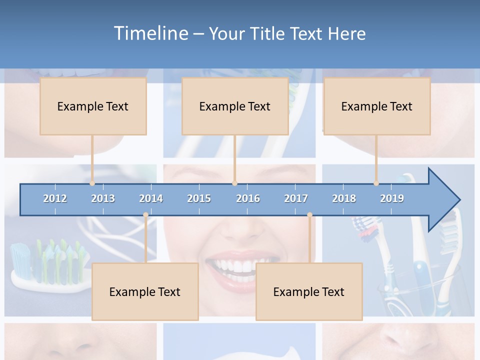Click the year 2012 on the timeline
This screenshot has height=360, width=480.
pos(55,198)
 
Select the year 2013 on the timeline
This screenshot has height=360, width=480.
pos(103,198)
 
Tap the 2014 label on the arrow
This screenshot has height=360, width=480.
pos(151,198)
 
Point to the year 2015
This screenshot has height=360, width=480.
pos(199,198)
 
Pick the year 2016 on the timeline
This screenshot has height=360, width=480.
pos(248,198)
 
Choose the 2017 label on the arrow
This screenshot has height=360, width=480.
pos(296,198)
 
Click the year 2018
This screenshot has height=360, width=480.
pos(344,198)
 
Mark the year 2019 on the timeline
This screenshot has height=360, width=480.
pos(392,198)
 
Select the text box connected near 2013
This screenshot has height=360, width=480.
pos(93,106)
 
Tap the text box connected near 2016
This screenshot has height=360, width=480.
pos(235,106)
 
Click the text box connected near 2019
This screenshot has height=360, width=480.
pos(377,106)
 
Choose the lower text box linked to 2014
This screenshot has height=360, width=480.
pos(145,291)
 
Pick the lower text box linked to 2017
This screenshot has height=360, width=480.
pos(309,291)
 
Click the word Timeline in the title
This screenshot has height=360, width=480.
pos(150,33)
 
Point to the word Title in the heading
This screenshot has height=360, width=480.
pos(270,33)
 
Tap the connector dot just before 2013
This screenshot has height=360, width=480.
pos(92,183)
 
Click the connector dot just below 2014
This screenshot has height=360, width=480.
pos(145,215)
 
